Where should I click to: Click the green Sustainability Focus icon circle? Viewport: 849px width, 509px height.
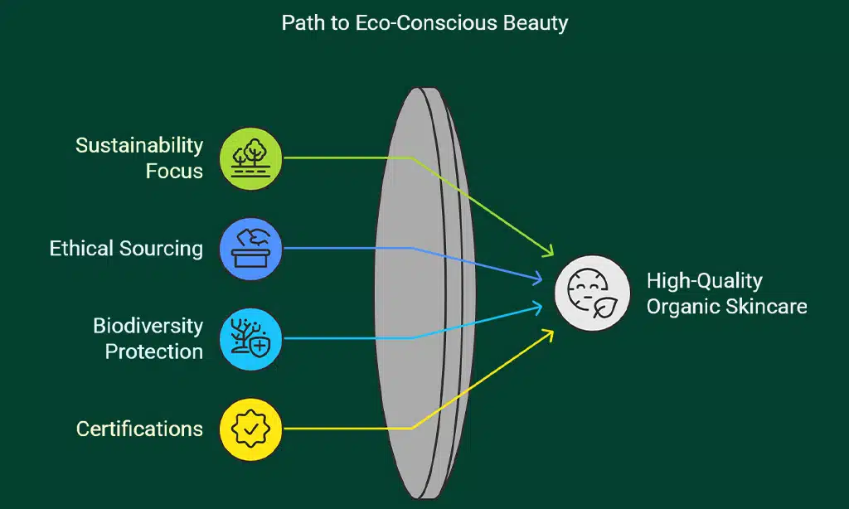click(x=251, y=158)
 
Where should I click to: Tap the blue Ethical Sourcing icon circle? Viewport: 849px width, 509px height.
click(x=251, y=248)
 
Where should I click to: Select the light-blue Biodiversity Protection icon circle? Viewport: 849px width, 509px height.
click(x=251, y=338)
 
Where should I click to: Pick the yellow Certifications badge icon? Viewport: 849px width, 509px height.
click(x=251, y=429)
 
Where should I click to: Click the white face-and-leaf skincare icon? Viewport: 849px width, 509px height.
click(x=592, y=293)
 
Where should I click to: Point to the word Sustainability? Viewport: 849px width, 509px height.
click(x=139, y=145)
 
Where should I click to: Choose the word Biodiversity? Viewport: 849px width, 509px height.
click(x=148, y=325)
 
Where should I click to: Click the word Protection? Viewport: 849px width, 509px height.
click(x=153, y=351)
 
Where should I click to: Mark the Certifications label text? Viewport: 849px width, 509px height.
click(x=139, y=429)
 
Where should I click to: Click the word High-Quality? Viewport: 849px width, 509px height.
click(x=704, y=280)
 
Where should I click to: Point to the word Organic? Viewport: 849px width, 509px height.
click(x=683, y=306)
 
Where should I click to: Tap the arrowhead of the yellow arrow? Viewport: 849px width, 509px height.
click(x=548, y=333)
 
